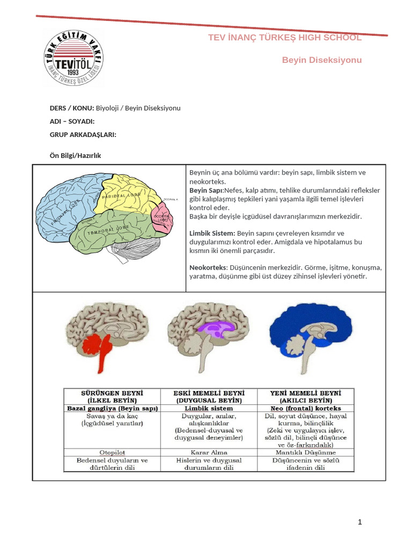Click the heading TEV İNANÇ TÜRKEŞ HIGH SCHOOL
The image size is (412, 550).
coord(284,38)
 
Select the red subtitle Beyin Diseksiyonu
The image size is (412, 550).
coord(322,60)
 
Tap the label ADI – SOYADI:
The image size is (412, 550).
coord(72,121)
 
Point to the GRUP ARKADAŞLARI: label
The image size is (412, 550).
coord(83,134)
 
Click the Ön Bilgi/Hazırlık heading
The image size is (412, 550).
coord(75,156)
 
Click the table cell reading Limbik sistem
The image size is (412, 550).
coord(209,409)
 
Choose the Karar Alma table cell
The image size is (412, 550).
coord(209,452)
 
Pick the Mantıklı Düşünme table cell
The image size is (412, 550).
coord(305,452)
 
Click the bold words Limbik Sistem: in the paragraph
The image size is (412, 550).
coord(212,233)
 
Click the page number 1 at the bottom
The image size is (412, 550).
coord(360,522)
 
